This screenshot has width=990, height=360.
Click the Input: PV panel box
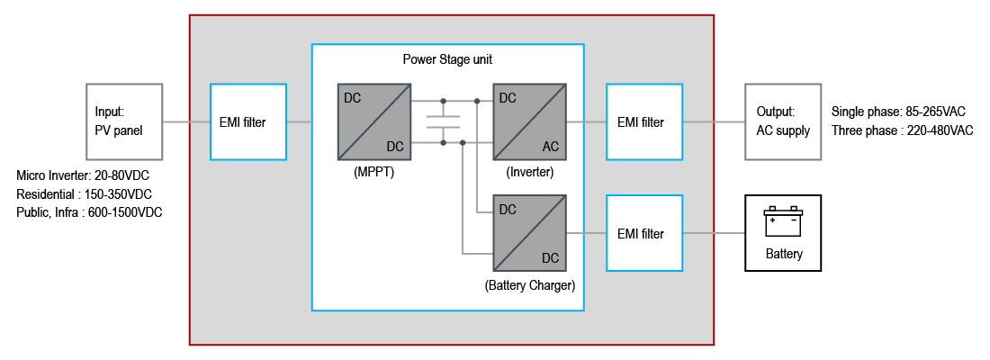pos(124,122)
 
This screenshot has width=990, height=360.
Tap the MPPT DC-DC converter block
pos(373,121)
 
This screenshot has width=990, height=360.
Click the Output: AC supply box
pos(783,122)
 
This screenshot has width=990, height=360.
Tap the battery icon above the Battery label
pos(783,221)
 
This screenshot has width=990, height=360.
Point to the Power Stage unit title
pos(447,59)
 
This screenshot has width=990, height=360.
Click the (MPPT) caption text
pos(373,172)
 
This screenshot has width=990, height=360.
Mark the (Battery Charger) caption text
pos(530,285)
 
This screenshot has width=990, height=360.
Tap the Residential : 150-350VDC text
pos(84,193)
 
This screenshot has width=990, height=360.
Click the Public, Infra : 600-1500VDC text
pos(89,212)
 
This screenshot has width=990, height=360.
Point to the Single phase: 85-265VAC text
pos(898,112)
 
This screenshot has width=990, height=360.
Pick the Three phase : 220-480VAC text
pos(902,130)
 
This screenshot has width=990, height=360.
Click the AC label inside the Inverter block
pos(551,146)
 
